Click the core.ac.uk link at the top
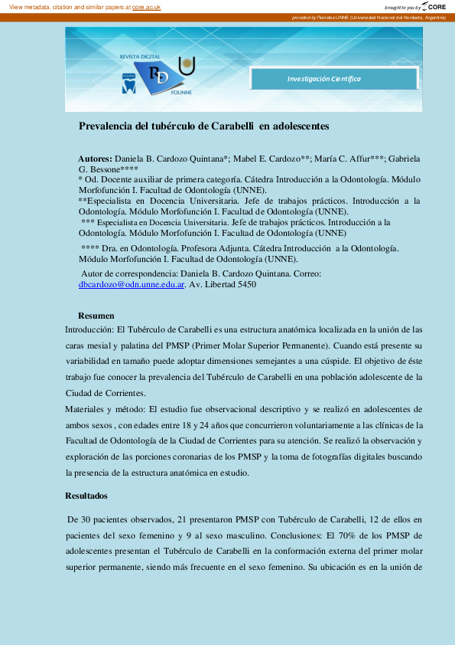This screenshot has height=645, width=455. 146,6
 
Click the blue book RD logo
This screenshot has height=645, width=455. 158,76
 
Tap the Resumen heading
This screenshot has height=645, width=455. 96,316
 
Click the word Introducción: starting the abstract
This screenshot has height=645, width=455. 93,330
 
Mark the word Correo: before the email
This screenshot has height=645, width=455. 305,273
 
